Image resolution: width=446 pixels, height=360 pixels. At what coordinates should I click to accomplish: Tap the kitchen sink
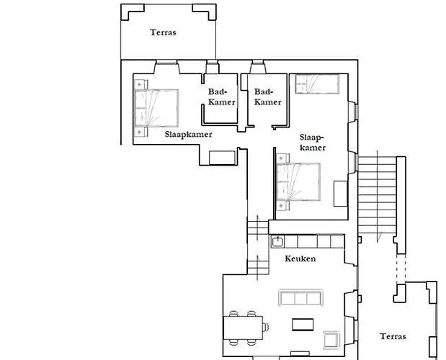(x=277, y=242)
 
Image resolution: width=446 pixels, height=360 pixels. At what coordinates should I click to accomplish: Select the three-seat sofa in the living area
(x=300, y=297)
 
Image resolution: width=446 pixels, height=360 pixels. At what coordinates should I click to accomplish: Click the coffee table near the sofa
(x=303, y=325)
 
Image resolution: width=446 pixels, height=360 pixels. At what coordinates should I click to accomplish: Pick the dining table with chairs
(x=246, y=328)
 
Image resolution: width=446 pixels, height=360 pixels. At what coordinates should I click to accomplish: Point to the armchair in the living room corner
(x=331, y=340)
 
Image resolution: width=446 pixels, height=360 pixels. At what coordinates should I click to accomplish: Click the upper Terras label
(x=163, y=32)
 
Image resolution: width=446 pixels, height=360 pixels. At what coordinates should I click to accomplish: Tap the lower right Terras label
(x=393, y=336)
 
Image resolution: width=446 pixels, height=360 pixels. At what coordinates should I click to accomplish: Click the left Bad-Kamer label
(x=222, y=97)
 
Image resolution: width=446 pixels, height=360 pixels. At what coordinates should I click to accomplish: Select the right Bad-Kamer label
(x=267, y=97)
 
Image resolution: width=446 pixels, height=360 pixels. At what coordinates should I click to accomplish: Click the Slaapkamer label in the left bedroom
(x=188, y=134)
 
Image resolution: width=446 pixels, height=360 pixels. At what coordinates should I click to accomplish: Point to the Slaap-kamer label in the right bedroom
(x=312, y=143)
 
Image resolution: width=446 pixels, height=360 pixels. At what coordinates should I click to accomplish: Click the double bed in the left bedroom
(x=156, y=108)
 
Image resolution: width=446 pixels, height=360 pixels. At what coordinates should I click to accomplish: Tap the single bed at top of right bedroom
(x=317, y=84)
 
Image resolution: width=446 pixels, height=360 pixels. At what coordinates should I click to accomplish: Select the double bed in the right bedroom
(x=298, y=182)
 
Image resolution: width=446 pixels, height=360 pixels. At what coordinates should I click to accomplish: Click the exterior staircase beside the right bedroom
(x=377, y=196)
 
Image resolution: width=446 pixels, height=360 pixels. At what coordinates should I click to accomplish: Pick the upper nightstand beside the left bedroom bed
(x=141, y=84)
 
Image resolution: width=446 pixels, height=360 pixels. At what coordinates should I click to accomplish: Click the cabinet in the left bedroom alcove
(x=223, y=158)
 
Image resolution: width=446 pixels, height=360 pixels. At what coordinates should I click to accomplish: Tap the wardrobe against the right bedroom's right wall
(x=341, y=194)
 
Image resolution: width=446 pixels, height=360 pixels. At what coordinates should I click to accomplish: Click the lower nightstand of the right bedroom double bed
(x=283, y=205)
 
